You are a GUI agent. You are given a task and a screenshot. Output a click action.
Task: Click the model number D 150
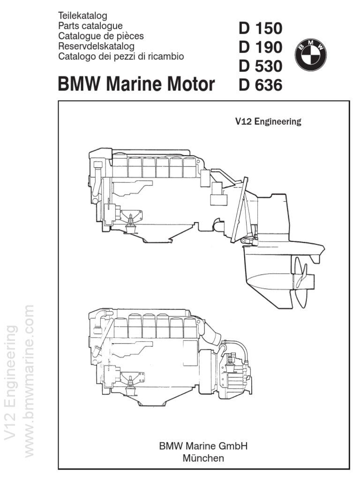pos(260,29)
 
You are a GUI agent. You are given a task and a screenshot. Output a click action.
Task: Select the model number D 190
pos(260,48)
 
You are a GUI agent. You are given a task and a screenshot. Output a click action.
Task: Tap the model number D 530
pos(260,67)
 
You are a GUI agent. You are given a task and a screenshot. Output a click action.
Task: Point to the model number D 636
pos(260,86)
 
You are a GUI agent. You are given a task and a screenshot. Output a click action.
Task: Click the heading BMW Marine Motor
pos(136,85)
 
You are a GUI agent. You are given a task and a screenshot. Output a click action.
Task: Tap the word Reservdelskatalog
pos(96,46)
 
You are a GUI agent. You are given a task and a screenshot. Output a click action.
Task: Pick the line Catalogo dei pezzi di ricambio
pos(121,56)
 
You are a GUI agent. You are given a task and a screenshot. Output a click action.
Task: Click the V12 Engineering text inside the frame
pos(268,122)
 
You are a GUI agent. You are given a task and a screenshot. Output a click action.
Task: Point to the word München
pos(203,457)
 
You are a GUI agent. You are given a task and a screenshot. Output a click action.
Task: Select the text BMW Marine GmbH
pos(203,446)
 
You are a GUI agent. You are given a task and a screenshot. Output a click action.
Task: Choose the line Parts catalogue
pos(90,26)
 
